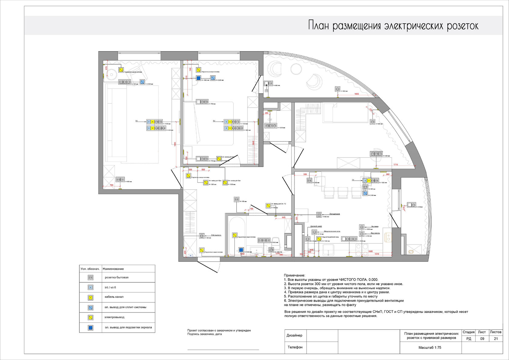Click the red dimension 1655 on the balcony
click(x=357, y=94)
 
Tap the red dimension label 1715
click(x=396, y=165)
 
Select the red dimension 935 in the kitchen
click(x=305, y=174)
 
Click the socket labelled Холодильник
click(x=319, y=215)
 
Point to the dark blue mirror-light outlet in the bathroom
click(x=241, y=250)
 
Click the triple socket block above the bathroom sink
click(x=264, y=240)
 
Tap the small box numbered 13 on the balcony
click(x=266, y=91)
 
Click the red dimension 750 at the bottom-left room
click(x=111, y=185)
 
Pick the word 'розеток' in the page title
click(x=463, y=26)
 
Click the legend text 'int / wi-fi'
click(x=110, y=287)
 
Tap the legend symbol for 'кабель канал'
click(x=90, y=297)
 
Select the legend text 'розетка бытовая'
click(x=117, y=277)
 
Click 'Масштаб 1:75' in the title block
click(x=430, y=348)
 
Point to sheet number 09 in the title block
click(x=482, y=339)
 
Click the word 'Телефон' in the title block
click(x=295, y=347)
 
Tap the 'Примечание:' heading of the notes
click(x=294, y=275)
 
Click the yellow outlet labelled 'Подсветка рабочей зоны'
click(x=319, y=239)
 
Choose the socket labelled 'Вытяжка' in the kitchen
click(x=361, y=227)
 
